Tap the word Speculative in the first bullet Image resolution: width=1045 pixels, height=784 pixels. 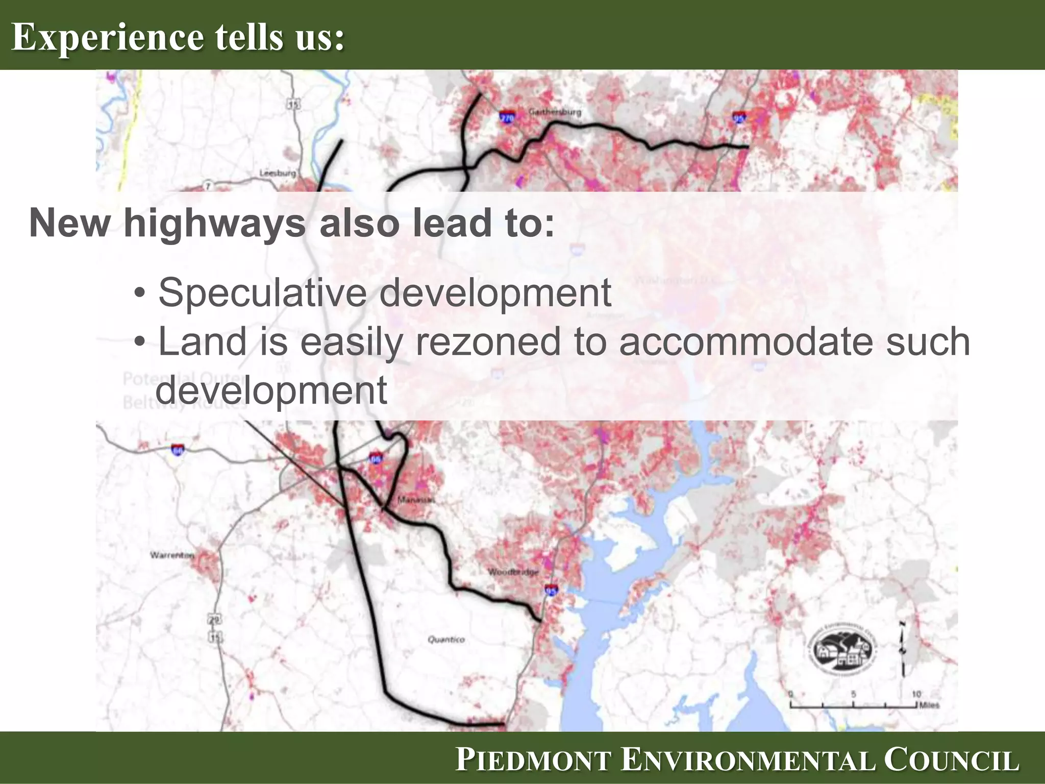point(263,292)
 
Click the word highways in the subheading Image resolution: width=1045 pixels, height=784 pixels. point(215,223)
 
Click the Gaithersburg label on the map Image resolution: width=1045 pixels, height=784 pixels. point(555,111)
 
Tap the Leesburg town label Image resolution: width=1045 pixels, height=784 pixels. point(277,173)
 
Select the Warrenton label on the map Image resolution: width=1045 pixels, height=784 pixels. point(172,555)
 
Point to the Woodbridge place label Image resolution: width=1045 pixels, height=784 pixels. point(513,572)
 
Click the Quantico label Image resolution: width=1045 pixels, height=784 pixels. point(446,639)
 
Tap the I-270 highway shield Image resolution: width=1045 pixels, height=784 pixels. point(507,118)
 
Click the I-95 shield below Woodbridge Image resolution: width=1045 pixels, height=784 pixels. point(552,591)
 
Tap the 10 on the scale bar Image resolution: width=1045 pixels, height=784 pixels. point(916,694)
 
